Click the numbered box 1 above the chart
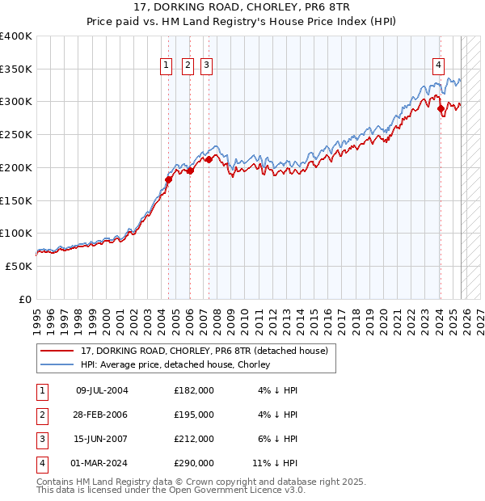(166, 65)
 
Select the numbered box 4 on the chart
(437, 65)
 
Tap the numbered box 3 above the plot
(206, 65)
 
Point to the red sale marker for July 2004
(169, 179)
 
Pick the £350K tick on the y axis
(16, 69)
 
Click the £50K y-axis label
(19, 266)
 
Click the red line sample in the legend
(57, 351)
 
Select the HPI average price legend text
(179, 364)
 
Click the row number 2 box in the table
(41, 415)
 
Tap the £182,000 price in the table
(194, 390)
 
